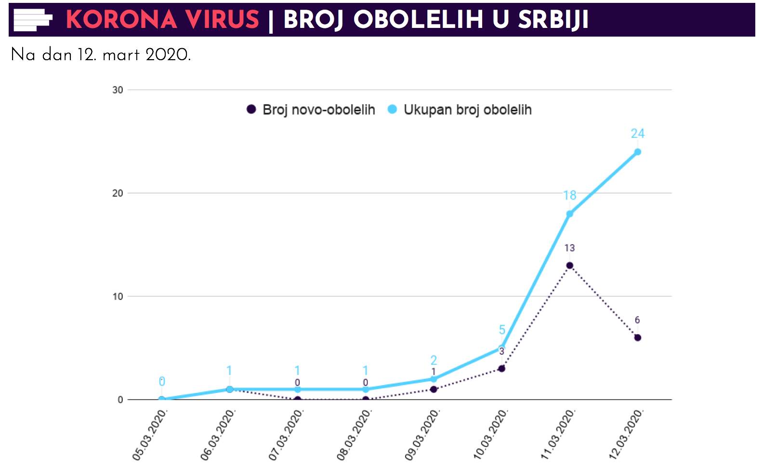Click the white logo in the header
point(33,20)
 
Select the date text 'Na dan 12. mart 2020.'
point(101,55)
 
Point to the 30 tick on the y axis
point(118,90)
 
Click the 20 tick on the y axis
point(118,193)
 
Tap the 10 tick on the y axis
point(118,297)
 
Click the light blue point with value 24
point(637,152)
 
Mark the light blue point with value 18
point(569,214)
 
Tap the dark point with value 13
point(569,265)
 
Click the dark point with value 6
point(637,338)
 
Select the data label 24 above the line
point(637,133)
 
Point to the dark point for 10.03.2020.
point(501,368)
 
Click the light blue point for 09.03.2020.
point(434,379)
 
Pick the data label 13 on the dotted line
point(569,248)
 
